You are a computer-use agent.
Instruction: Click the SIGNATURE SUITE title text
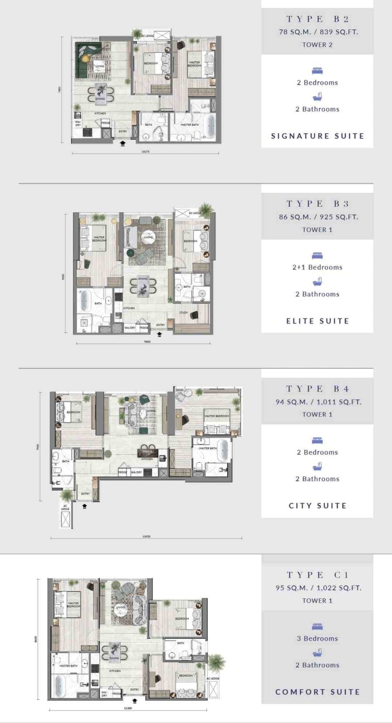pyautogui.click(x=317, y=136)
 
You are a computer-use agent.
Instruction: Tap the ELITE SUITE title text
pyautogui.click(x=317, y=321)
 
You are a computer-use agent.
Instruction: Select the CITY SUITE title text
pyautogui.click(x=317, y=506)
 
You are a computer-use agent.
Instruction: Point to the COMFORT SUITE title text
pyautogui.click(x=317, y=692)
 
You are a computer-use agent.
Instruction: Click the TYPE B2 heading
pyautogui.click(x=317, y=19)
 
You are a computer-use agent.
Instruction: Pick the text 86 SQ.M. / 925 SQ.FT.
pyautogui.click(x=317, y=217)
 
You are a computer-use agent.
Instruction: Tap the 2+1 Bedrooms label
pyautogui.click(x=317, y=267)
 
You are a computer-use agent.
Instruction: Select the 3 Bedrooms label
pyautogui.click(x=317, y=639)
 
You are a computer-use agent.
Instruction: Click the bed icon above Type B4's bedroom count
pyautogui.click(x=317, y=441)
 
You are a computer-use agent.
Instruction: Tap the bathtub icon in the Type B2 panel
pyautogui.click(x=317, y=97)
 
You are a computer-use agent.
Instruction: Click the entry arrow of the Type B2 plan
pyautogui.click(x=123, y=143)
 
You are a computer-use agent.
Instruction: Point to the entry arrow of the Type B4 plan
pyautogui.click(x=85, y=506)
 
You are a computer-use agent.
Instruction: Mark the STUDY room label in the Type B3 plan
pyautogui.click(x=184, y=313)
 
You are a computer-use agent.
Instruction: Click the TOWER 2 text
pyautogui.click(x=317, y=45)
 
